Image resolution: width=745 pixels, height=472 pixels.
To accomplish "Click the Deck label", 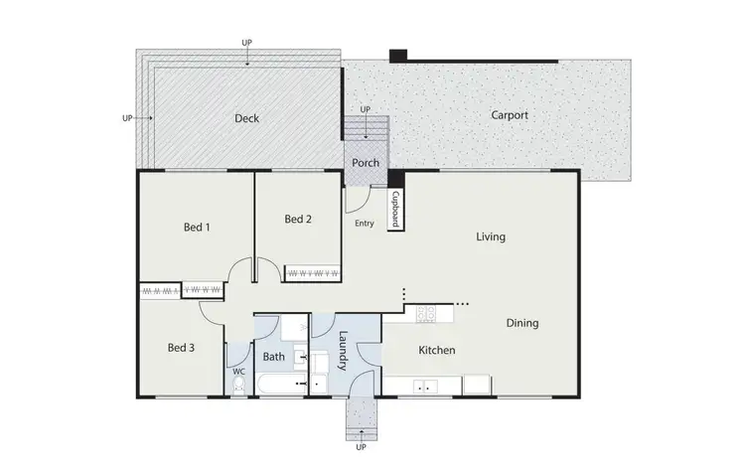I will pyautogui.click(x=246, y=118).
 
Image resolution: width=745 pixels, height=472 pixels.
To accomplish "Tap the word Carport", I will pyautogui.click(x=510, y=115).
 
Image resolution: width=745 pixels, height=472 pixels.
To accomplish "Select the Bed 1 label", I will pyautogui.click(x=197, y=228).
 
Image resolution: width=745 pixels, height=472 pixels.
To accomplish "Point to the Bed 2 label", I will pyautogui.click(x=298, y=220).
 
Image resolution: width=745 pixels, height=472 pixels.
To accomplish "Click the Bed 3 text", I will pyautogui.click(x=180, y=348).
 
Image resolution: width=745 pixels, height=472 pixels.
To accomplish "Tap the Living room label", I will pyautogui.click(x=491, y=236).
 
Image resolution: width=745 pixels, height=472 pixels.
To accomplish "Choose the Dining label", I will pyautogui.click(x=522, y=323).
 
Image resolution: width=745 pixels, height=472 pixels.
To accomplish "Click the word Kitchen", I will pyautogui.click(x=436, y=351).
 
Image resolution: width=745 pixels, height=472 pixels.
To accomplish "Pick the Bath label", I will pyautogui.click(x=274, y=356).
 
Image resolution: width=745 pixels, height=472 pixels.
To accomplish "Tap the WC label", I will pyautogui.click(x=238, y=373).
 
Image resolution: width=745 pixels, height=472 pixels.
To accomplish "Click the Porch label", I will pyautogui.click(x=366, y=162).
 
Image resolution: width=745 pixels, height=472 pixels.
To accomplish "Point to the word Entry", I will pyautogui.click(x=365, y=224).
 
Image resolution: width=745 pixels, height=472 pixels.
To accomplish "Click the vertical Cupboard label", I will pyautogui.click(x=394, y=210).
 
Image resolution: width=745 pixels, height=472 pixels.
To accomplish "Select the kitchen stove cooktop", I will pyautogui.click(x=425, y=314).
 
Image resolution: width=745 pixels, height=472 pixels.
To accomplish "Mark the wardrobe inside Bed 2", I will pyautogui.click(x=313, y=270).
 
